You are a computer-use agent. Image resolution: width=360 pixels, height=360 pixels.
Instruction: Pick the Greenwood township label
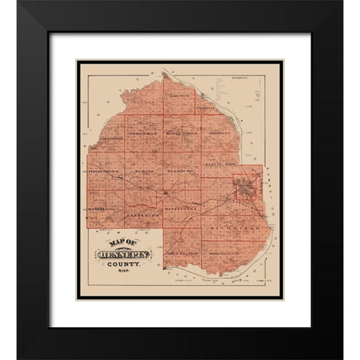(x=110, y=138)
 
